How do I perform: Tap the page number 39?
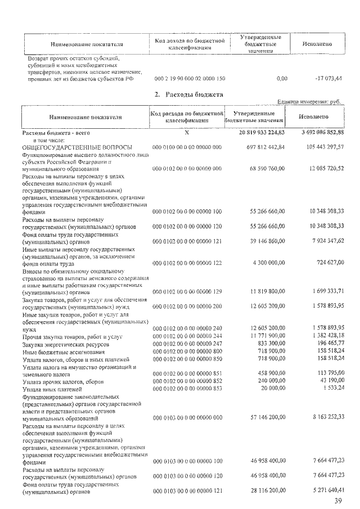click(337, 501)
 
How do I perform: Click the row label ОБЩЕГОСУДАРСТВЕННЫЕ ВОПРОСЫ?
click(77, 147)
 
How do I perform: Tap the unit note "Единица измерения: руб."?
click(309, 102)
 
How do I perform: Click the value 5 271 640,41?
click(325, 491)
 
